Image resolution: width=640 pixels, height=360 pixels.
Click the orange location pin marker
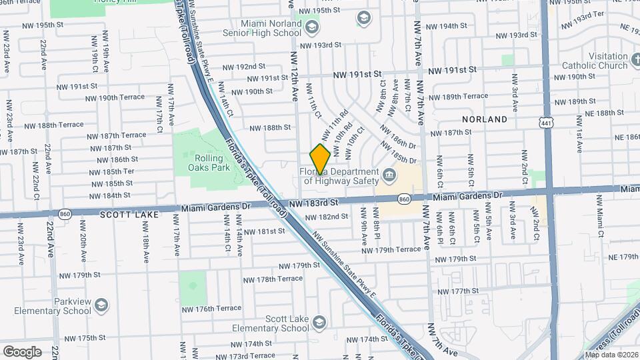tap(320, 159)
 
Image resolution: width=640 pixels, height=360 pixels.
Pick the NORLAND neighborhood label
tap(485, 119)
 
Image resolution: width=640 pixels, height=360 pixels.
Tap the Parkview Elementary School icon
tap(101, 305)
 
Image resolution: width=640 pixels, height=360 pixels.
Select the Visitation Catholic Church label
tap(595, 61)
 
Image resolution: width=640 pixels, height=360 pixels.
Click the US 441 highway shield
tap(546, 123)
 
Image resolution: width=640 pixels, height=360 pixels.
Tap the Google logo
tap(22, 351)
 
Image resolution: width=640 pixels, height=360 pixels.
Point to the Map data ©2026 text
tap(612, 355)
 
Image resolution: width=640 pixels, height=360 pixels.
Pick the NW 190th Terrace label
tap(112, 97)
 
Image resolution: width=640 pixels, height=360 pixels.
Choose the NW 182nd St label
tap(324, 217)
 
